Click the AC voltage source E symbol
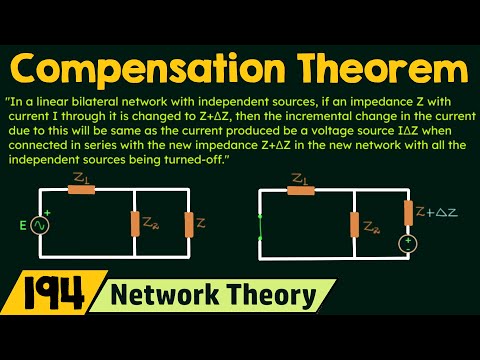click(x=41, y=224)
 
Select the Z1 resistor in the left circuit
click(x=81, y=189)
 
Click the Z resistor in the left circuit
click(x=187, y=223)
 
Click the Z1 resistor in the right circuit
click(x=300, y=189)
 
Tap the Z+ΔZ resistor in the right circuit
click(x=407, y=212)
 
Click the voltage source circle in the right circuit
click(x=407, y=244)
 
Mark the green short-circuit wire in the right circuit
click(x=260, y=225)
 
